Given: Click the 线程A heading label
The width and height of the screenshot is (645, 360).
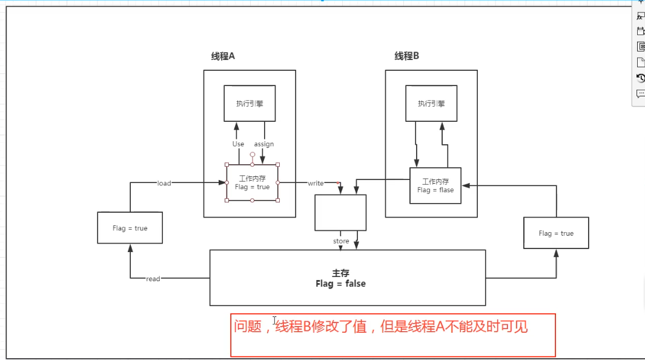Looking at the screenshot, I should tap(223, 56).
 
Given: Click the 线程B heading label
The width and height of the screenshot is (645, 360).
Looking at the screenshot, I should tap(407, 56).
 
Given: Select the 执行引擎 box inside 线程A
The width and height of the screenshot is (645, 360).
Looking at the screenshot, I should tap(250, 103).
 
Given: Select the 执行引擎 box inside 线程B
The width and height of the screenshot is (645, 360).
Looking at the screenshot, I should tap(431, 103).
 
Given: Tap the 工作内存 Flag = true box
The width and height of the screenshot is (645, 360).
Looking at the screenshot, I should tap(252, 182).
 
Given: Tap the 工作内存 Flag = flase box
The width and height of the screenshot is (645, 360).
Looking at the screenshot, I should tap(435, 185).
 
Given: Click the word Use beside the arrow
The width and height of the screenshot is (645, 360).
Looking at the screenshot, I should tap(238, 144).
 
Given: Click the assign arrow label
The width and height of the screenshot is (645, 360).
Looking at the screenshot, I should tap(264, 144).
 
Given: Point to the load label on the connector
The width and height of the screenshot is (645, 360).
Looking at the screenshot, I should tap(164, 183).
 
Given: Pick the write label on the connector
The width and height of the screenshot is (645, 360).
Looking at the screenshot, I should tap(316, 183).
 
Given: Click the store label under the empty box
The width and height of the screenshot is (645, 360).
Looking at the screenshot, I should tap(341, 241).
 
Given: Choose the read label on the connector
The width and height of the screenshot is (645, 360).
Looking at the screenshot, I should tap(153, 279).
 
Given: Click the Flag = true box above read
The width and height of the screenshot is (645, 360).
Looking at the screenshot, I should tap(130, 228).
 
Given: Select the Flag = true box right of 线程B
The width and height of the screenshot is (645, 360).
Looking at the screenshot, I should tap(556, 233).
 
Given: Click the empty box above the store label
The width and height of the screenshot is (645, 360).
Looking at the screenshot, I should tap(340, 212).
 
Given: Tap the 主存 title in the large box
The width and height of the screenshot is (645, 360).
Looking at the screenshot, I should tap(340, 273).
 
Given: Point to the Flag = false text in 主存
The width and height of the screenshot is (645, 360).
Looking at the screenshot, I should tap(340, 284).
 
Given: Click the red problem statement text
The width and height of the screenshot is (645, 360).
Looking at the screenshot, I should tap(381, 327).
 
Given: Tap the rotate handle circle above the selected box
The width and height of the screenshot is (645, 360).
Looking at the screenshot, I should tap(253, 155).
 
